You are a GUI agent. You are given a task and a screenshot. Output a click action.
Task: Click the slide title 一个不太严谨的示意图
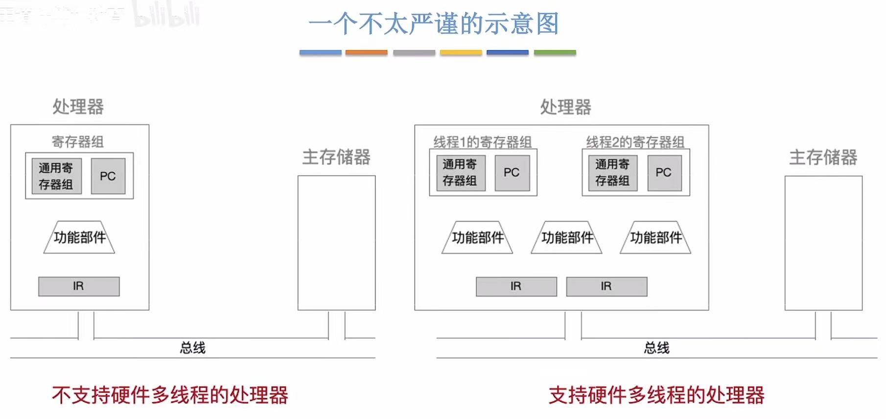click(x=434, y=24)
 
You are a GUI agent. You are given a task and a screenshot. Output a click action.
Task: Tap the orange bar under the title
click(x=366, y=52)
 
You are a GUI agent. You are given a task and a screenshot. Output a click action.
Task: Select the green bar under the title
click(x=555, y=52)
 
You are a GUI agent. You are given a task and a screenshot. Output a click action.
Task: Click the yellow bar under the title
click(x=461, y=52)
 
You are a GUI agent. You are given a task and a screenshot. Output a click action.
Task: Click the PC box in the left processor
click(x=108, y=176)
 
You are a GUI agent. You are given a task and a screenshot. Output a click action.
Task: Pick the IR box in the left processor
click(x=79, y=286)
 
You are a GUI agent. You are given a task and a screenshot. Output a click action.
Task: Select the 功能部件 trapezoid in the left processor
click(x=79, y=237)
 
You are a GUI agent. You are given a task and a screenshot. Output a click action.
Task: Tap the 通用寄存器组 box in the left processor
click(x=56, y=176)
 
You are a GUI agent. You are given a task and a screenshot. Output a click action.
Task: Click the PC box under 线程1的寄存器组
click(x=512, y=173)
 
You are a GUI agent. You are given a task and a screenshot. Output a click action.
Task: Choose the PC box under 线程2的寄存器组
click(x=664, y=173)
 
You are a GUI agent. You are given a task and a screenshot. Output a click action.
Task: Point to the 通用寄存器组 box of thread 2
click(x=612, y=173)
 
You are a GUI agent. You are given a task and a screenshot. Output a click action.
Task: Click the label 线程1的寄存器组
click(x=482, y=142)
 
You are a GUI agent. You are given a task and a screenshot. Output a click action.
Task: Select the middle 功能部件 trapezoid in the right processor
click(x=567, y=238)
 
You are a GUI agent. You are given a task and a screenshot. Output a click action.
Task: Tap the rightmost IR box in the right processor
click(x=606, y=286)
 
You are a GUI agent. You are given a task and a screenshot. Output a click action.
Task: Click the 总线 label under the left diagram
click(x=192, y=348)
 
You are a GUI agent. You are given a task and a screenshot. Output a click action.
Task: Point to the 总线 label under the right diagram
click(x=656, y=348)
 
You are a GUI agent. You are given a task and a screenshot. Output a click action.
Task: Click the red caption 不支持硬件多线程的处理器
click(x=170, y=395)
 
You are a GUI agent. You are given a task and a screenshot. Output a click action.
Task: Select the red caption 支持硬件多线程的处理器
click(x=656, y=395)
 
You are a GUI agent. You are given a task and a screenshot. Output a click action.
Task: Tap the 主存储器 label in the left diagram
click(x=336, y=157)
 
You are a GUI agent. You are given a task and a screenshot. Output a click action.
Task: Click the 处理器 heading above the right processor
click(x=565, y=107)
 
